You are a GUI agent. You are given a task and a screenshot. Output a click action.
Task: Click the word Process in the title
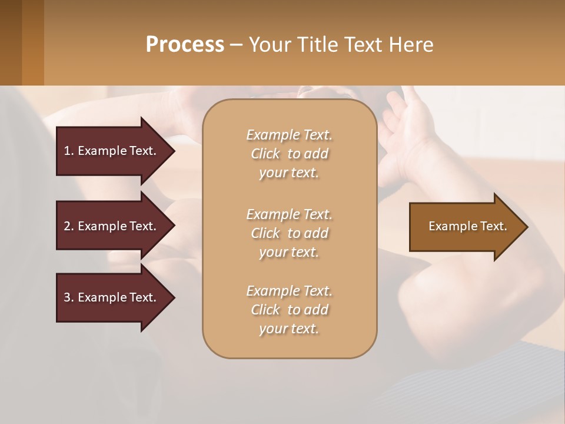point(185,45)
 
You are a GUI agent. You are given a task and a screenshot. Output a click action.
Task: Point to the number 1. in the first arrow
point(69,151)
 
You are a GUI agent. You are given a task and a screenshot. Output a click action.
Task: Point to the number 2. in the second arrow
point(69,226)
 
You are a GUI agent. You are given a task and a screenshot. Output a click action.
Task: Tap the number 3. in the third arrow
point(69,297)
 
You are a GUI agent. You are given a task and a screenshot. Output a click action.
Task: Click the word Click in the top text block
point(265,154)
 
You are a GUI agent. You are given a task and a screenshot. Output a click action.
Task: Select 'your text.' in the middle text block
point(289,252)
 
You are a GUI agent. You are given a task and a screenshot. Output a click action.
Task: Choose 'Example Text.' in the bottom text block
point(289,291)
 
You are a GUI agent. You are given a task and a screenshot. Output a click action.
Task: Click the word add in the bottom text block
point(316,310)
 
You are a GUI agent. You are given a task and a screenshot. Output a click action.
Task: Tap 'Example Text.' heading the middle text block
point(289,214)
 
